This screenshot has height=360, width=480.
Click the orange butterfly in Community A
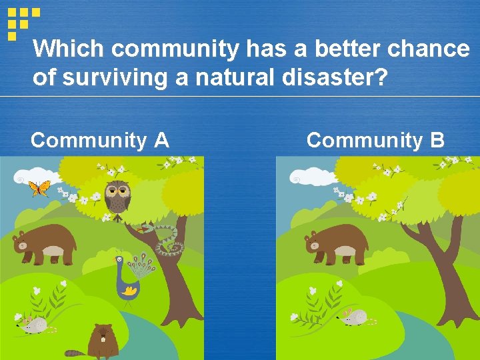tap(39, 189)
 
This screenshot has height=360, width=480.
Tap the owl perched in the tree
tap(119, 197)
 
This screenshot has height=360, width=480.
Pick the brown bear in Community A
tap(43, 243)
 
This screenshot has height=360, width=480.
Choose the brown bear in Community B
tap(337, 243)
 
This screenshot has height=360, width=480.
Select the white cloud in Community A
tap(33, 177)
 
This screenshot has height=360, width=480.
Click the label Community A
tap(99, 141)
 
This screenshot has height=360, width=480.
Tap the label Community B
tap(375, 141)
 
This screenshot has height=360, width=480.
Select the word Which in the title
tap(69, 49)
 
